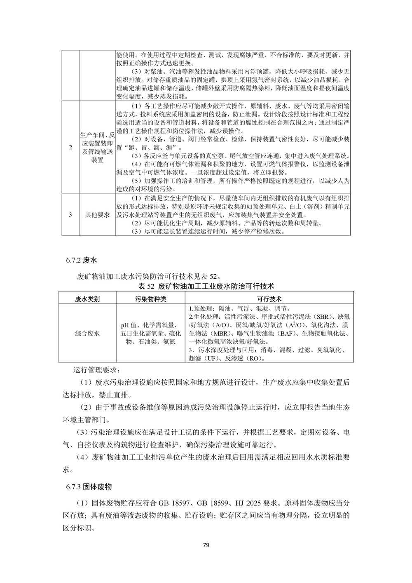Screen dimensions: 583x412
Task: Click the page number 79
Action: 206,545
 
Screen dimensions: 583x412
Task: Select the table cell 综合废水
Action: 87,333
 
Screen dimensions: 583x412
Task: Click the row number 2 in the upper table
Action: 70,148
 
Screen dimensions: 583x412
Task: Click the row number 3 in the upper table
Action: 70,215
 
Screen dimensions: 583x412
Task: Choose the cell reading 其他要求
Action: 97,215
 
